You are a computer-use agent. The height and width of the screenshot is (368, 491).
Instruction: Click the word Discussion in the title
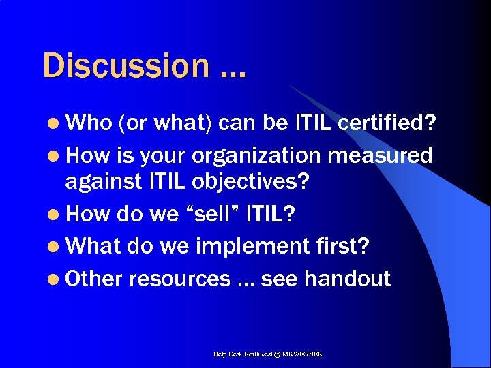point(125,66)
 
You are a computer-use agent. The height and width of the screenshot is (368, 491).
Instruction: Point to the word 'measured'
point(380,156)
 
